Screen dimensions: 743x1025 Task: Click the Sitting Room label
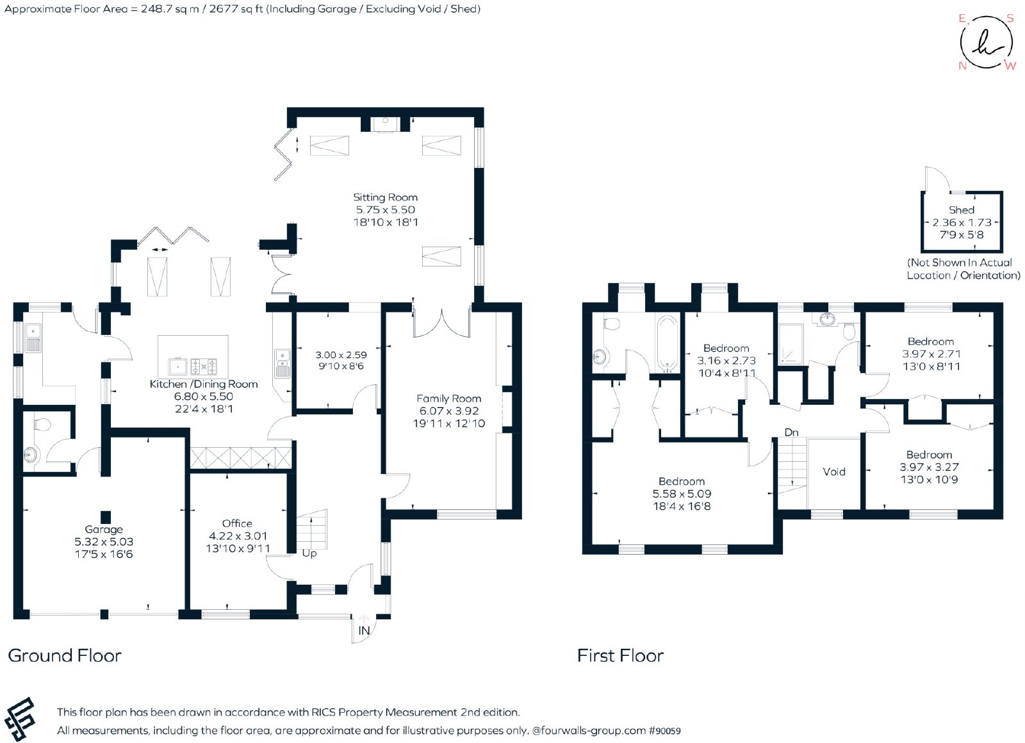click(x=385, y=197)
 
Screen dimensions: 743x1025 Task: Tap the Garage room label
click(x=104, y=529)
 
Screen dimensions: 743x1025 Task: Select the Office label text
click(x=237, y=523)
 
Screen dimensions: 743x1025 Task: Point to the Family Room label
click(x=448, y=398)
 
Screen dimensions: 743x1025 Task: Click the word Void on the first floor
click(x=834, y=471)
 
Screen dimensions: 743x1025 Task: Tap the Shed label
click(x=962, y=209)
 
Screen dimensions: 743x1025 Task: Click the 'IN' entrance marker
click(x=364, y=631)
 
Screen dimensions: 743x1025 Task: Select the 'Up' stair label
click(x=309, y=553)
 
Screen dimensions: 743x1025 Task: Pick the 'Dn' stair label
click(x=792, y=432)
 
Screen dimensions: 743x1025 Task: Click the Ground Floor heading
click(x=65, y=655)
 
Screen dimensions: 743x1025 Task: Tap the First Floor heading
click(x=620, y=655)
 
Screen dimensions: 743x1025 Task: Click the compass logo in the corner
click(x=987, y=43)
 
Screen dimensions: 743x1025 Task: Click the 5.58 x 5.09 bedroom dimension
click(x=682, y=494)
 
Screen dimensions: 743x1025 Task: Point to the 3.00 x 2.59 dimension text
click(x=341, y=355)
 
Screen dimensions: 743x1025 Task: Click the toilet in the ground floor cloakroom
click(x=42, y=424)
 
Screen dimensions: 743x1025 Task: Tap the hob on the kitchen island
click(x=204, y=366)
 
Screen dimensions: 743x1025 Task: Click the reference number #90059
click(x=664, y=731)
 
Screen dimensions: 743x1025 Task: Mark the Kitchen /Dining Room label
click(x=204, y=384)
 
